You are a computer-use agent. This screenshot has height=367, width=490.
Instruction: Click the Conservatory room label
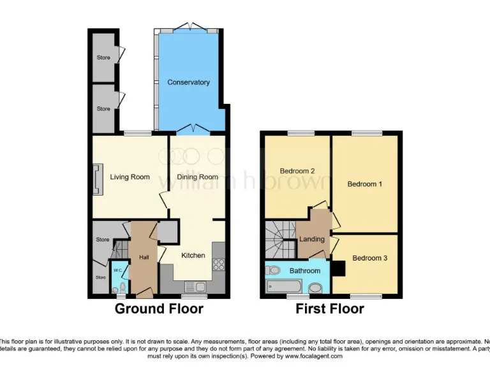188,82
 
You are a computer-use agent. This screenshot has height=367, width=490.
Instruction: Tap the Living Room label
130,176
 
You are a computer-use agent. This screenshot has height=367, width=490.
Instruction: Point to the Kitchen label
193,255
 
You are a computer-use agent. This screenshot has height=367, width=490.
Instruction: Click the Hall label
144,258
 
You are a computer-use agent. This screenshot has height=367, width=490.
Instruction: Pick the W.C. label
117,270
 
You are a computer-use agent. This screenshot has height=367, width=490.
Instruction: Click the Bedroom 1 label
365,184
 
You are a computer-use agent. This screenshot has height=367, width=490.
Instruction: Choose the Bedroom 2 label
297,171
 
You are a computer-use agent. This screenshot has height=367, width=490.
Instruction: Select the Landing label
313,239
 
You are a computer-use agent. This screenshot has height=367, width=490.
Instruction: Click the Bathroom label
304,271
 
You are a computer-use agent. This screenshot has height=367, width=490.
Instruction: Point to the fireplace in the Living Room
97,178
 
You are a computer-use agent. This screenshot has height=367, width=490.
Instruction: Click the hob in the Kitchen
219,264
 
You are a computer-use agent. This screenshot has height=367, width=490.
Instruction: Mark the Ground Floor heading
159,309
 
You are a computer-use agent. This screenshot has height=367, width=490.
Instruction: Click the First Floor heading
330,309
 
